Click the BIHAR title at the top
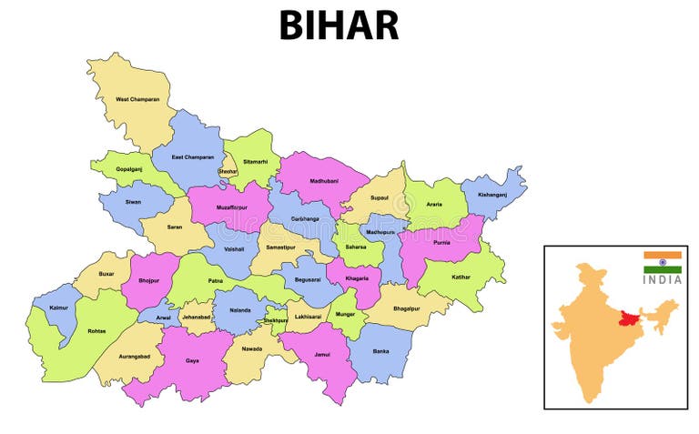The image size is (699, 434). coord(339,25)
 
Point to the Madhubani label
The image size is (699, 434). coord(323,180)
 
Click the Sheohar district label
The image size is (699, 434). coord(227,171)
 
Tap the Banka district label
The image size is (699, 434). coord(380,350)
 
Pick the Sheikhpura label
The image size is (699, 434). coord(275,320)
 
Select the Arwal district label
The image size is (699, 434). coord(164,318)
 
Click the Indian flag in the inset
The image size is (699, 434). coord(663,262)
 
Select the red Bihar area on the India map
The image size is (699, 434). coord(625,318)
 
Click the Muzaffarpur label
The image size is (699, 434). coord(233,208)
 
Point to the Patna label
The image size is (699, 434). coord(215,281)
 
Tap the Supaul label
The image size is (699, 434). coord(380,197)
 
